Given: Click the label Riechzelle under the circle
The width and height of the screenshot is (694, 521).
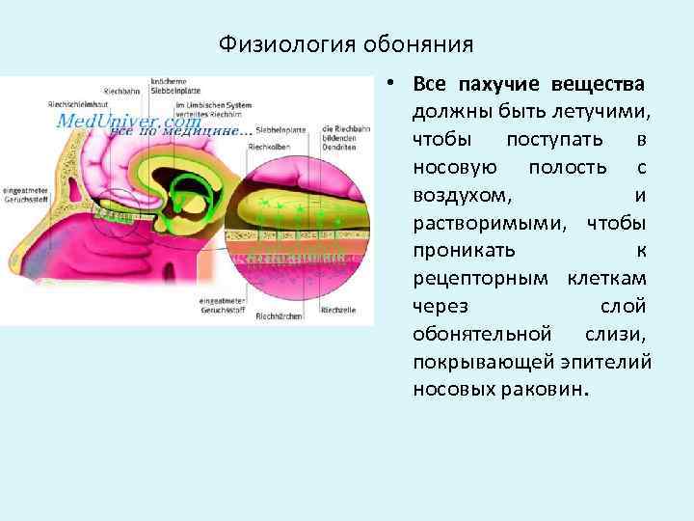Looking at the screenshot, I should coord(338,311).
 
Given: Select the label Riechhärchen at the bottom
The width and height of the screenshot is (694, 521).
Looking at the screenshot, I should coord(278,315).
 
